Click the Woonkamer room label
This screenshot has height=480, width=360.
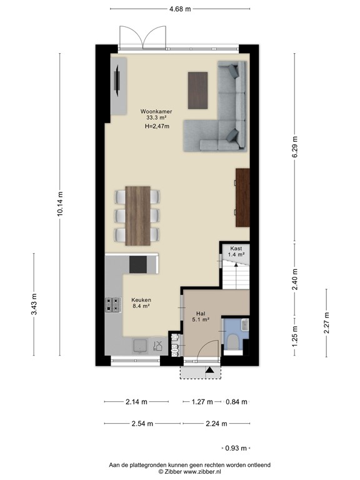(156, 112)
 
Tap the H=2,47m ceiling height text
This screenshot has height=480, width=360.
(156, 126)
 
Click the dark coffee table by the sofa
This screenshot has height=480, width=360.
(197, 91)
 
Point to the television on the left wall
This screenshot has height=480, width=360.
(116, 81)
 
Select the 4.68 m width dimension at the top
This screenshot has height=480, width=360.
(180, 9)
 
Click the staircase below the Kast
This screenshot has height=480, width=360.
(236, 275)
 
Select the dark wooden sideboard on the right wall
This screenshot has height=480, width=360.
(242, 197)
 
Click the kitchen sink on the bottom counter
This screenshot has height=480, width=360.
(139, 345)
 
